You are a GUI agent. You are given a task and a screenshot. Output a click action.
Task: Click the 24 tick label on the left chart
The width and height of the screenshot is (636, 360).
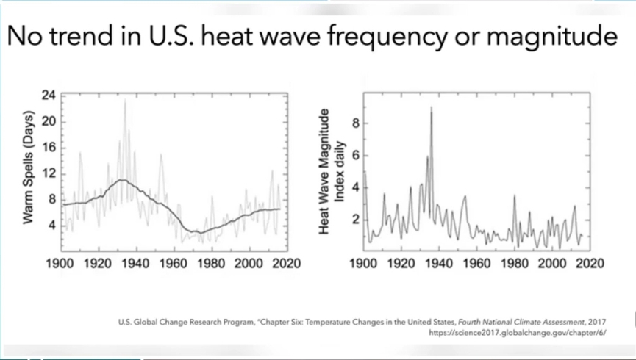[x=49, y=96]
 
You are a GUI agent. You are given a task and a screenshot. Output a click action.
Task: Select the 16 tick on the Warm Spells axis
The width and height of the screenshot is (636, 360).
[x=49, y=147]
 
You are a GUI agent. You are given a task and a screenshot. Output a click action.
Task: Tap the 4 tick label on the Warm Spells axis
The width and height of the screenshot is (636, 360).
[x=52, y=225]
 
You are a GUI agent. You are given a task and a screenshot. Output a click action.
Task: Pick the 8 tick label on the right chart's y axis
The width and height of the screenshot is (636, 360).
[x=356, y=123]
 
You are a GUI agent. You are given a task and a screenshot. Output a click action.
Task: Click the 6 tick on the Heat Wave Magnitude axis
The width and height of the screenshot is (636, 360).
[x=356, y=156]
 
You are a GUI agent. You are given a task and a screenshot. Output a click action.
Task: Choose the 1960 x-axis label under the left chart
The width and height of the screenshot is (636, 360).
[x=174, y=264]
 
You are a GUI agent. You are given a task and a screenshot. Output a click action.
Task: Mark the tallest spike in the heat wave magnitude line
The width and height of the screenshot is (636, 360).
[x=432, y=108]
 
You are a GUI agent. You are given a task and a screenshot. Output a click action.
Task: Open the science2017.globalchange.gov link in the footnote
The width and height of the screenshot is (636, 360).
[x=522, y=332]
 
